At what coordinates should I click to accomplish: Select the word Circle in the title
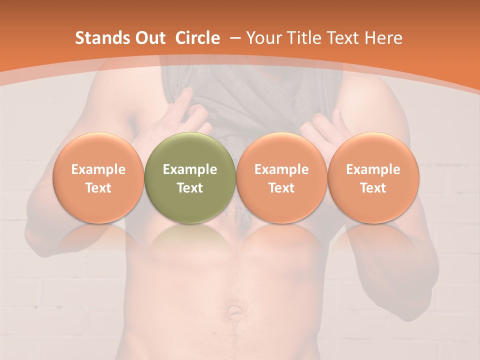pos(197,38)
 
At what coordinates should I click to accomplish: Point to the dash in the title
pos(233,38)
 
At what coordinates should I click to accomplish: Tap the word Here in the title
pos(383,38)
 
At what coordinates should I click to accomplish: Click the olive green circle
pos(190,200)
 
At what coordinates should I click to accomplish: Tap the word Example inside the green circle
pos(190,169)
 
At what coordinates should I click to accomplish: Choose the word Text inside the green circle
pos(190,188)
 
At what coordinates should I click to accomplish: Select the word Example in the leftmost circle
pos(98,169)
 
